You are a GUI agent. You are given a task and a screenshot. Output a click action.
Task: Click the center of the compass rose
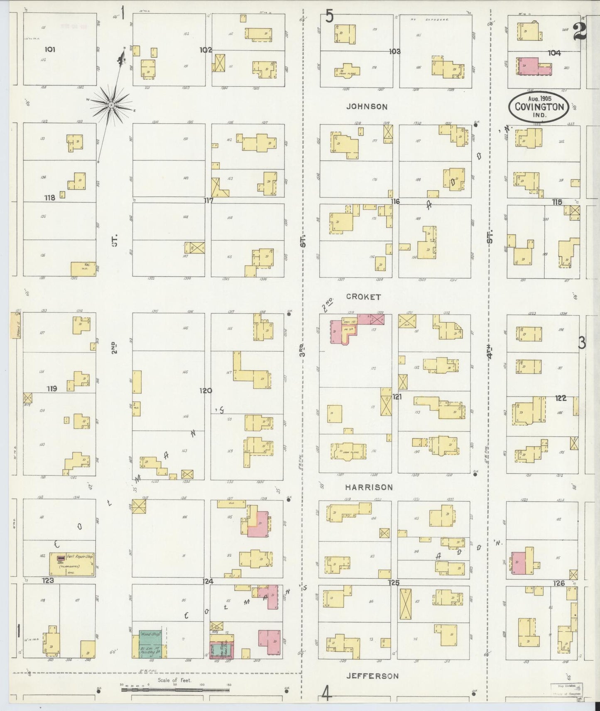(111, 105)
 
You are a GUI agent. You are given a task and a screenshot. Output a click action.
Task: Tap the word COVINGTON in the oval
(539, 107)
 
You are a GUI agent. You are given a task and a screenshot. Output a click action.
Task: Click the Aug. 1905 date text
(539, 99)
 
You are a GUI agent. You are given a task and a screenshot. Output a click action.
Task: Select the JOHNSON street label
(367, 107)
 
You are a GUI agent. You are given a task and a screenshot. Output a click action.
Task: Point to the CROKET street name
(363, 297)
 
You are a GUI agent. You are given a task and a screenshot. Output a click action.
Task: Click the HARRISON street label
(369, 487)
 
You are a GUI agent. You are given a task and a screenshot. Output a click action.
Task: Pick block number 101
(49, 49)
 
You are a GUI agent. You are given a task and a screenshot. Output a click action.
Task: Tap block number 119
(52, 389)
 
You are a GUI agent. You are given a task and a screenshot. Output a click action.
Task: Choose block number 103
(394, 51)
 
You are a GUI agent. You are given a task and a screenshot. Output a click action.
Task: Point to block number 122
(561, 398)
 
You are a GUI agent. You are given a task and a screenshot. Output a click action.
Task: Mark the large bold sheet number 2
(580, 32)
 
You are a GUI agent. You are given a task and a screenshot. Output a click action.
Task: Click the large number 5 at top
(329, 17)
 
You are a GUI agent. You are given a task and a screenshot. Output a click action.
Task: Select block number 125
(394, 582)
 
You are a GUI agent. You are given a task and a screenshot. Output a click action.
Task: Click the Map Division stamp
(566, 689)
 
